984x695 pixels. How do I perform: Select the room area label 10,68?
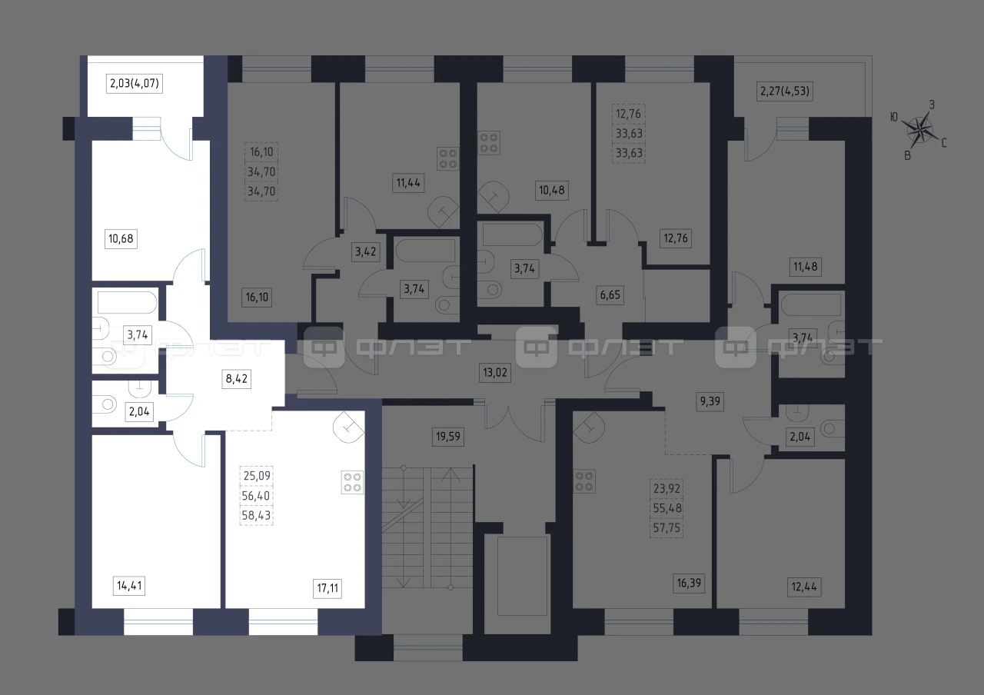(x=121, y=238)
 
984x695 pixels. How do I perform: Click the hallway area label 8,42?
(x=236, y=378)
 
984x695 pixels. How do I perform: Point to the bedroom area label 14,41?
(x=129, y=586)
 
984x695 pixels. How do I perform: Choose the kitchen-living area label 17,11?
(x=327, y=588)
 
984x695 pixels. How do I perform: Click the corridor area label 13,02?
(x=495, y=373)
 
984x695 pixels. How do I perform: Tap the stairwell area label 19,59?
(x=448, y=436)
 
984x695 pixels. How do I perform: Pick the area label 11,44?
(x=408, y=182)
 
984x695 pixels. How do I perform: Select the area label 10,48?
(x=552, y=190)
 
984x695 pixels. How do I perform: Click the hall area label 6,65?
(x=610, y=294)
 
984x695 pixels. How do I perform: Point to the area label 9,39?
(x=710, y=401)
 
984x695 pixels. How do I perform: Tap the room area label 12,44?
(x=804, y=587)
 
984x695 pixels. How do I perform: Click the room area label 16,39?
(x=689, y=583)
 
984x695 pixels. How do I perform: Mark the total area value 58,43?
(x=256, y=515)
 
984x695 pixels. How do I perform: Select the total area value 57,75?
(x=667, y=527)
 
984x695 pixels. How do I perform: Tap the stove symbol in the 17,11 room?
(x=352, y=482)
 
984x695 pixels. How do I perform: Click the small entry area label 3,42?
(x=365, y=251)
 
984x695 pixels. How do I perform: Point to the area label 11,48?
(x=805, y=266)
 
